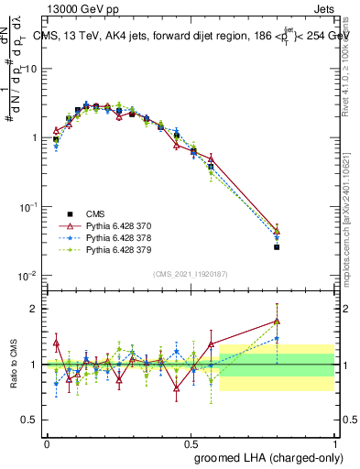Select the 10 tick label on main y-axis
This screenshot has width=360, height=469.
(x=30, y=69)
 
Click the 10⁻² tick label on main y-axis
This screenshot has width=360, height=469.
(x=28, y=276)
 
